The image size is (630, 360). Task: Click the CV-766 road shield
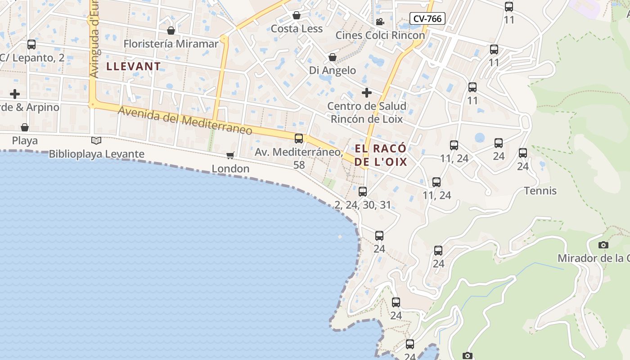(x=427, y=18)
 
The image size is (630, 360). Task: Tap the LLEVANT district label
(x=133, y=67)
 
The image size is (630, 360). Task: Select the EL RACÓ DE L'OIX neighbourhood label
(x=381, y=155)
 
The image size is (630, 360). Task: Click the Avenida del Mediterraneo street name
(x=185, y=120)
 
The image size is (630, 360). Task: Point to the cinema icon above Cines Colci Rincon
(x=380, y=22)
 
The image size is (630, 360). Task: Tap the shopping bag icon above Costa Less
(x=297, y=16)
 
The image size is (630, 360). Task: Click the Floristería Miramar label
(x=171, y=44)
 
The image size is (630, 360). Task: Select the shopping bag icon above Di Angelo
(x=333, y=57)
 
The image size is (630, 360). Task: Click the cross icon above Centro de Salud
(x=367, y=93)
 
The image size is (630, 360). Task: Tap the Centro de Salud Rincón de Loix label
(x=367, y=112)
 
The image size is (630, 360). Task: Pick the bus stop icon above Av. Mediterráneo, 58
(x=299, y=139)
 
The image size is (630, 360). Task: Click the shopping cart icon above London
(x=230, y=155)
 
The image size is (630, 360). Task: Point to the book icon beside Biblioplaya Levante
(x=96, y=140)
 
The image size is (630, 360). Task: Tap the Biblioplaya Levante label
(x=96, y=154)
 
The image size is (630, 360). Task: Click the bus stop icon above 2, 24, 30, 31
(x=363, y=192)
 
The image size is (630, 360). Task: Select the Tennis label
(x=540, y=191)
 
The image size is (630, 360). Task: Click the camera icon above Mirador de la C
(x=603, y=245)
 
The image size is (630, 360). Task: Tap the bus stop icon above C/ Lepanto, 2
(x=31, y=45)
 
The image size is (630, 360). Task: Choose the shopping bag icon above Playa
(x=25, y=128)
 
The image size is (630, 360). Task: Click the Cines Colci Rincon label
(x=380, y=35)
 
